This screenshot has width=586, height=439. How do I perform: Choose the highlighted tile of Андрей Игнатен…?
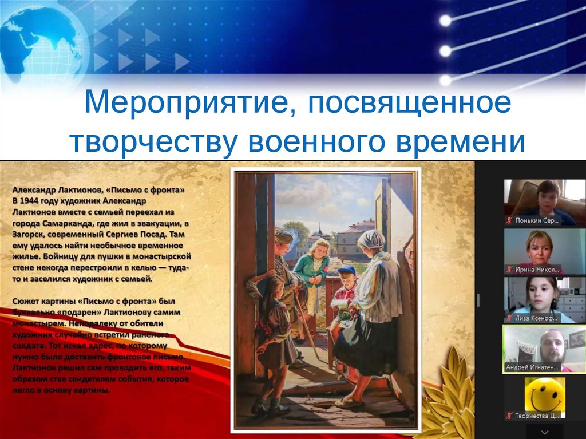[x=544, y=349]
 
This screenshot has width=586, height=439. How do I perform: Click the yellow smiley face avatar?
[x=544, y=394]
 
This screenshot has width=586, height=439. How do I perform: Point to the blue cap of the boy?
[x=346, y=270]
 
